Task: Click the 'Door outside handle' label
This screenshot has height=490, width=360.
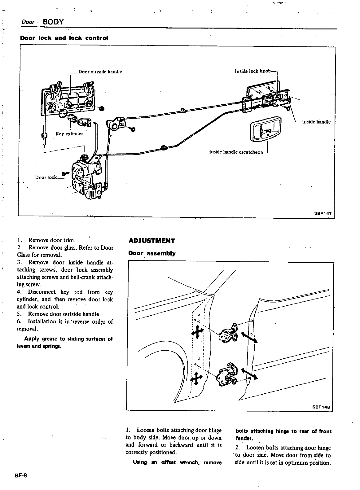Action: (100, 72)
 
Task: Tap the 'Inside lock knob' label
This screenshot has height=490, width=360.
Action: (253, 71)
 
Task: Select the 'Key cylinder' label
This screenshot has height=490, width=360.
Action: (69, 134)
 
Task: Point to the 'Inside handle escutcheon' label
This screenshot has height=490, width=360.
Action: (236, 152)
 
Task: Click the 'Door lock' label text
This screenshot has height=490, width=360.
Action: (46, 177)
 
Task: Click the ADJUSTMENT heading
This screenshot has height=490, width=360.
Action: (151, 241)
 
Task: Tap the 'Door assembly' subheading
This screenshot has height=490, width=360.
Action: (152, 253)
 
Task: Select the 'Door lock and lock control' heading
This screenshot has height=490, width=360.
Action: (64, 38)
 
